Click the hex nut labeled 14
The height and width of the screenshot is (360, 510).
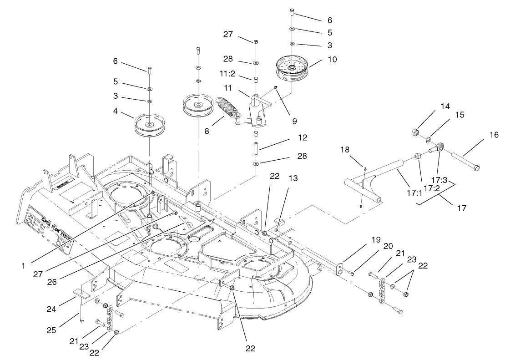click(414, 133)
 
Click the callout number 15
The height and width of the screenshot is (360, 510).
click(460, 115)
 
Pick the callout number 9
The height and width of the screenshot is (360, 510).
click(294, 122)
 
